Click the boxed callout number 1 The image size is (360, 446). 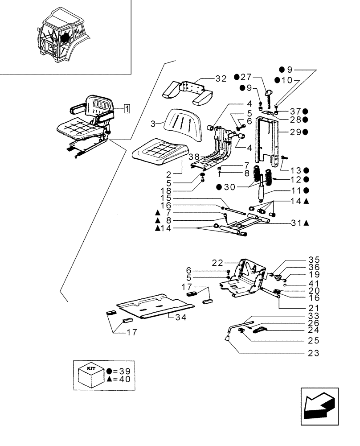127,108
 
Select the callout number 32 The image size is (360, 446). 221,79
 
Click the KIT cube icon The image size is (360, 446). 91,375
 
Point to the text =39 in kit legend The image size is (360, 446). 121,371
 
